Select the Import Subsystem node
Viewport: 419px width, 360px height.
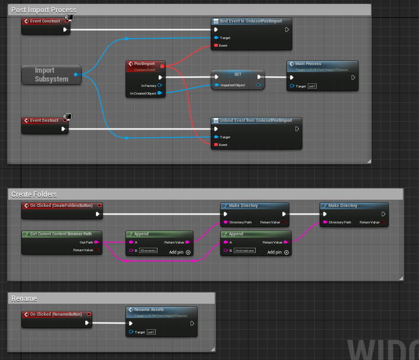pos(51,75)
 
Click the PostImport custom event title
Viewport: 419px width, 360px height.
pos(145,63)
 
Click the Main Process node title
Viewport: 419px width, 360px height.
pos(308,63)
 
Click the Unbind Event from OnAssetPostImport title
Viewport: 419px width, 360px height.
pos(254,121)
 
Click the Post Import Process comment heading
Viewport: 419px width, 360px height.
pos(43,10)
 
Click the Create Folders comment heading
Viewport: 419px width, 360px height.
pos(34,194)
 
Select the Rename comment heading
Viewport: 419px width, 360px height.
pos(24,299)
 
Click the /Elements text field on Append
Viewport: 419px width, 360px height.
pos(148,251)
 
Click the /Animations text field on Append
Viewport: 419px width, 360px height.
pos(245,251)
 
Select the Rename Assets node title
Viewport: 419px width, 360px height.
pos(149,309)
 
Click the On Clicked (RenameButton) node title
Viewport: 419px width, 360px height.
pos(56,314)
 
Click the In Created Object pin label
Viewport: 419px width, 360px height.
pos(142,93)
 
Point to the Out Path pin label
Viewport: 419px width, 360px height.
pos(86,242)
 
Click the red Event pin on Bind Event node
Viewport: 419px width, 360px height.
pos(215,45)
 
